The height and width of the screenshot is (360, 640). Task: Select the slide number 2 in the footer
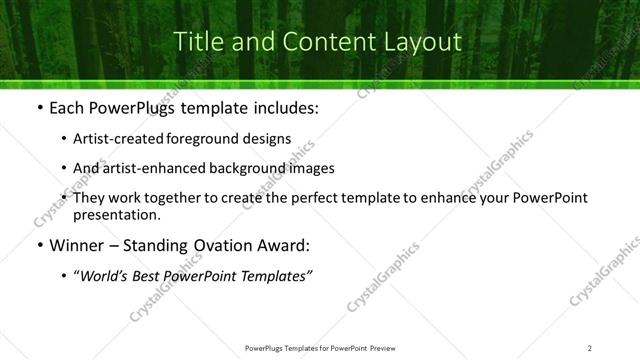(x=590, y=348)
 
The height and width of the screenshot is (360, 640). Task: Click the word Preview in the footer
(x=384, y=348)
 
